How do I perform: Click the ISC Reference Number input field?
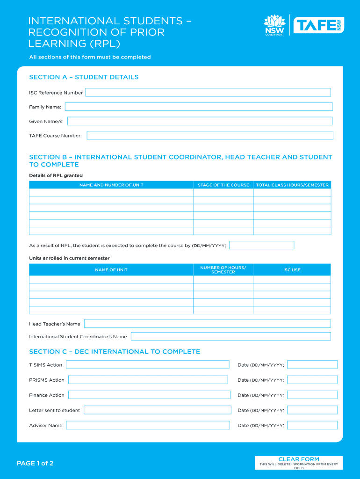(208, 93)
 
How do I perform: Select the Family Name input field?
(198, 107)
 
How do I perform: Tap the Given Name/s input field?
(200, 121)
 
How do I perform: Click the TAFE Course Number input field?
(210, 136)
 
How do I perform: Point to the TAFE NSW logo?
(318, 25)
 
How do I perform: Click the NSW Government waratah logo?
(274, 25)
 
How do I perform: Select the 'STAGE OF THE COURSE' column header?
(223, 185)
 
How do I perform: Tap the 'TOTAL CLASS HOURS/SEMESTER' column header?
(292, 185)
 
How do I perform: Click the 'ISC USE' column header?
(292, 270)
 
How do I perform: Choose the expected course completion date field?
(261, 245)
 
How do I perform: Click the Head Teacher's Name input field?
(207, 324)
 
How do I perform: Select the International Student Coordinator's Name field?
(230, 336)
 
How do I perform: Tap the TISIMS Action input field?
(147, 365)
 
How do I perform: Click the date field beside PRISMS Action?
(312, 380)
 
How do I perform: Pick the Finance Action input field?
(149, 395)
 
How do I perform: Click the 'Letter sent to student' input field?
(157, 410)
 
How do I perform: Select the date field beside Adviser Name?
(312, 425)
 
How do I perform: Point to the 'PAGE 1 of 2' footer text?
(35, 464)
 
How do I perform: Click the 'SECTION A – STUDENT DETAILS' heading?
(84, 77)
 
